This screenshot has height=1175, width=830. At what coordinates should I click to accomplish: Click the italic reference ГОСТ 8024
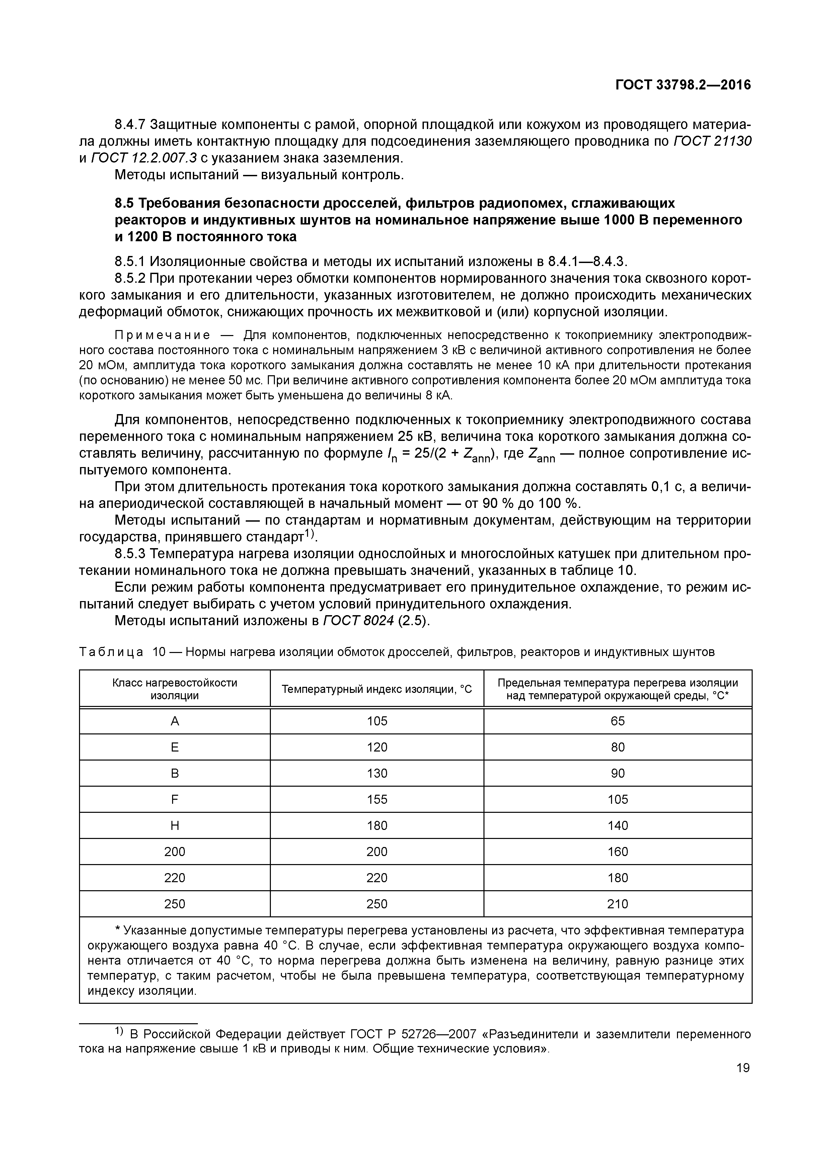coord(358,621)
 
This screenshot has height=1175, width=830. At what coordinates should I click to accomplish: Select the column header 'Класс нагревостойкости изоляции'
coord(174,689)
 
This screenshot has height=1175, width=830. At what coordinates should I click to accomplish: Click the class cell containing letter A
coord(174,721)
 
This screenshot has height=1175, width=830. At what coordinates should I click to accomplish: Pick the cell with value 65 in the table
coord(617,721)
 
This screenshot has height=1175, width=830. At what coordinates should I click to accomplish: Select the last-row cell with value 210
coord(617,904)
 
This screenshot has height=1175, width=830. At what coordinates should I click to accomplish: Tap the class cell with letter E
coord(174,747)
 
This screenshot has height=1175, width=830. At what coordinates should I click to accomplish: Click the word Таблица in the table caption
coord(111,652)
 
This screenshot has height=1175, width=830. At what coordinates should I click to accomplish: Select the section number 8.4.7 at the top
coord(130,124)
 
